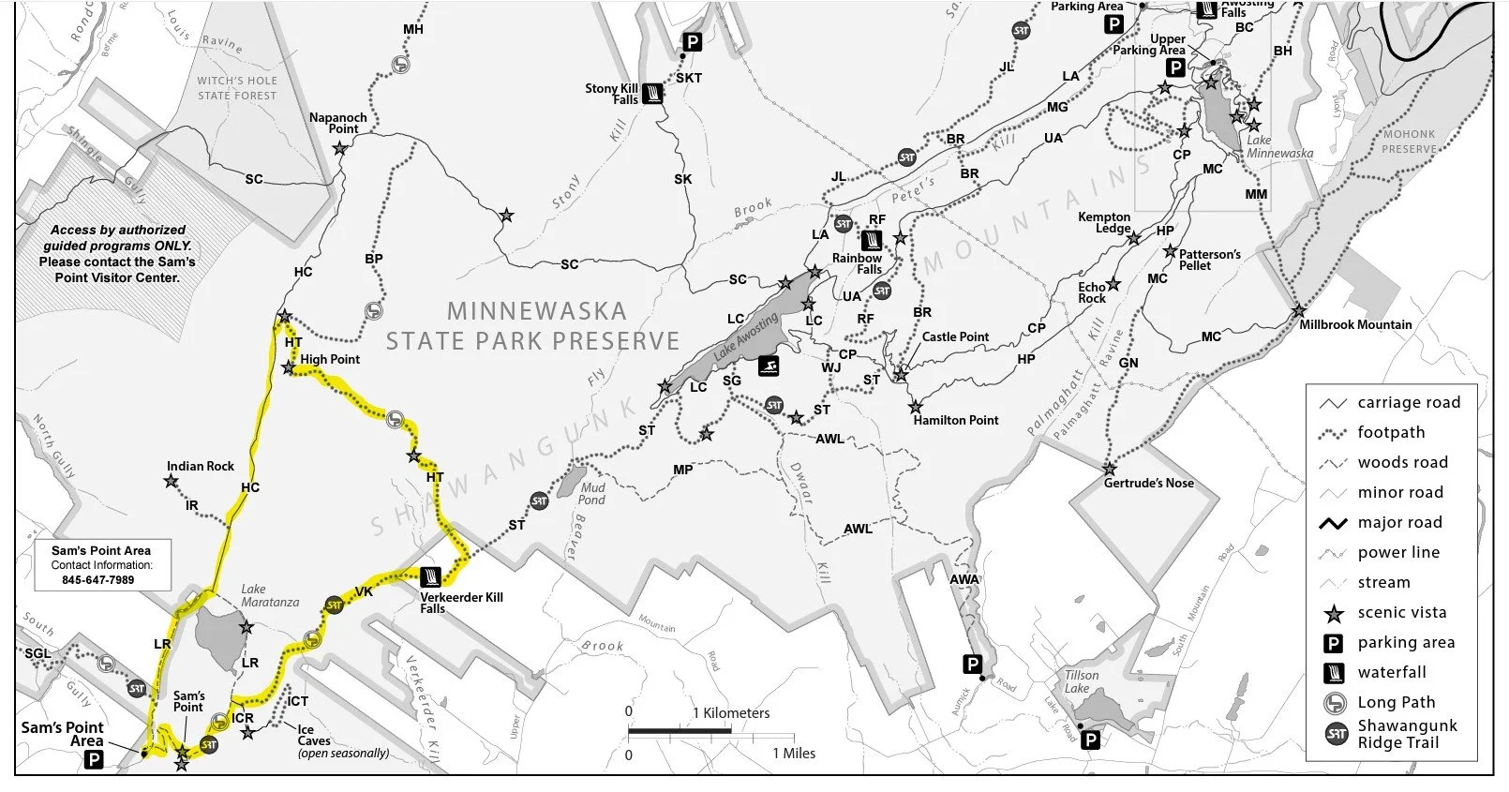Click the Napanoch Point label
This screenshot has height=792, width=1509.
coord(337,123)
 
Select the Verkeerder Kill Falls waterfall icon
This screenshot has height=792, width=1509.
coord(431,575)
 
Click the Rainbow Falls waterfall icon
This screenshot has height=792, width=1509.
coord(874,238)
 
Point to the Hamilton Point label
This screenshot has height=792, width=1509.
coord(955,420)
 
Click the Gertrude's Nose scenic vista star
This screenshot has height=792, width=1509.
coord(1110,469)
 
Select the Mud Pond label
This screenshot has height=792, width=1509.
coord(591,493)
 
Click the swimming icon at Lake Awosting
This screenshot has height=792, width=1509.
coord(769,366)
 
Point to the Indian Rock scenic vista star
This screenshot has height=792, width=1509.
coord(172,482)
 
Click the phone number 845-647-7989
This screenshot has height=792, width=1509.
coord(98,580)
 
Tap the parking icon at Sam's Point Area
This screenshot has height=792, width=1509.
coord(94,760)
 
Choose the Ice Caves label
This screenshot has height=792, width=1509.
coord(313,735)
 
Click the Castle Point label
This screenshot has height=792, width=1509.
coord(955,336)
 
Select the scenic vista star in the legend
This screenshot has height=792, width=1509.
coord(1334,613)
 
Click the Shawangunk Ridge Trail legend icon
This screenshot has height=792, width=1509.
coord(1336,734)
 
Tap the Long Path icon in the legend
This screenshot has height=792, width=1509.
coord(1334,703)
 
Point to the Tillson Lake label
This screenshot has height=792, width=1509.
coord(1081,681)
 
